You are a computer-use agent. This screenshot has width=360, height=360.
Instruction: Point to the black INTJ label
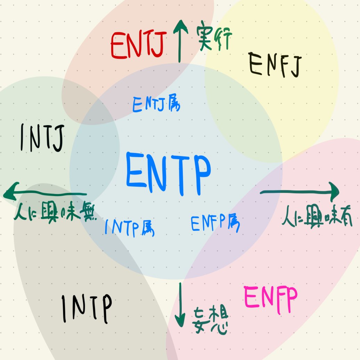pos(42,139)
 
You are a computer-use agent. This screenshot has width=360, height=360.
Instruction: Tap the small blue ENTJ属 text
pos(156,104)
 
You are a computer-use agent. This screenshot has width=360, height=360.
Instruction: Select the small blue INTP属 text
pos(130,227)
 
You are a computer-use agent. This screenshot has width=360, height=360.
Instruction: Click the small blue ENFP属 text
pos(215,223)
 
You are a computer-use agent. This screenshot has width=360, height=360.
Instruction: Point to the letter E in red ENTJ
pos(118,47)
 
